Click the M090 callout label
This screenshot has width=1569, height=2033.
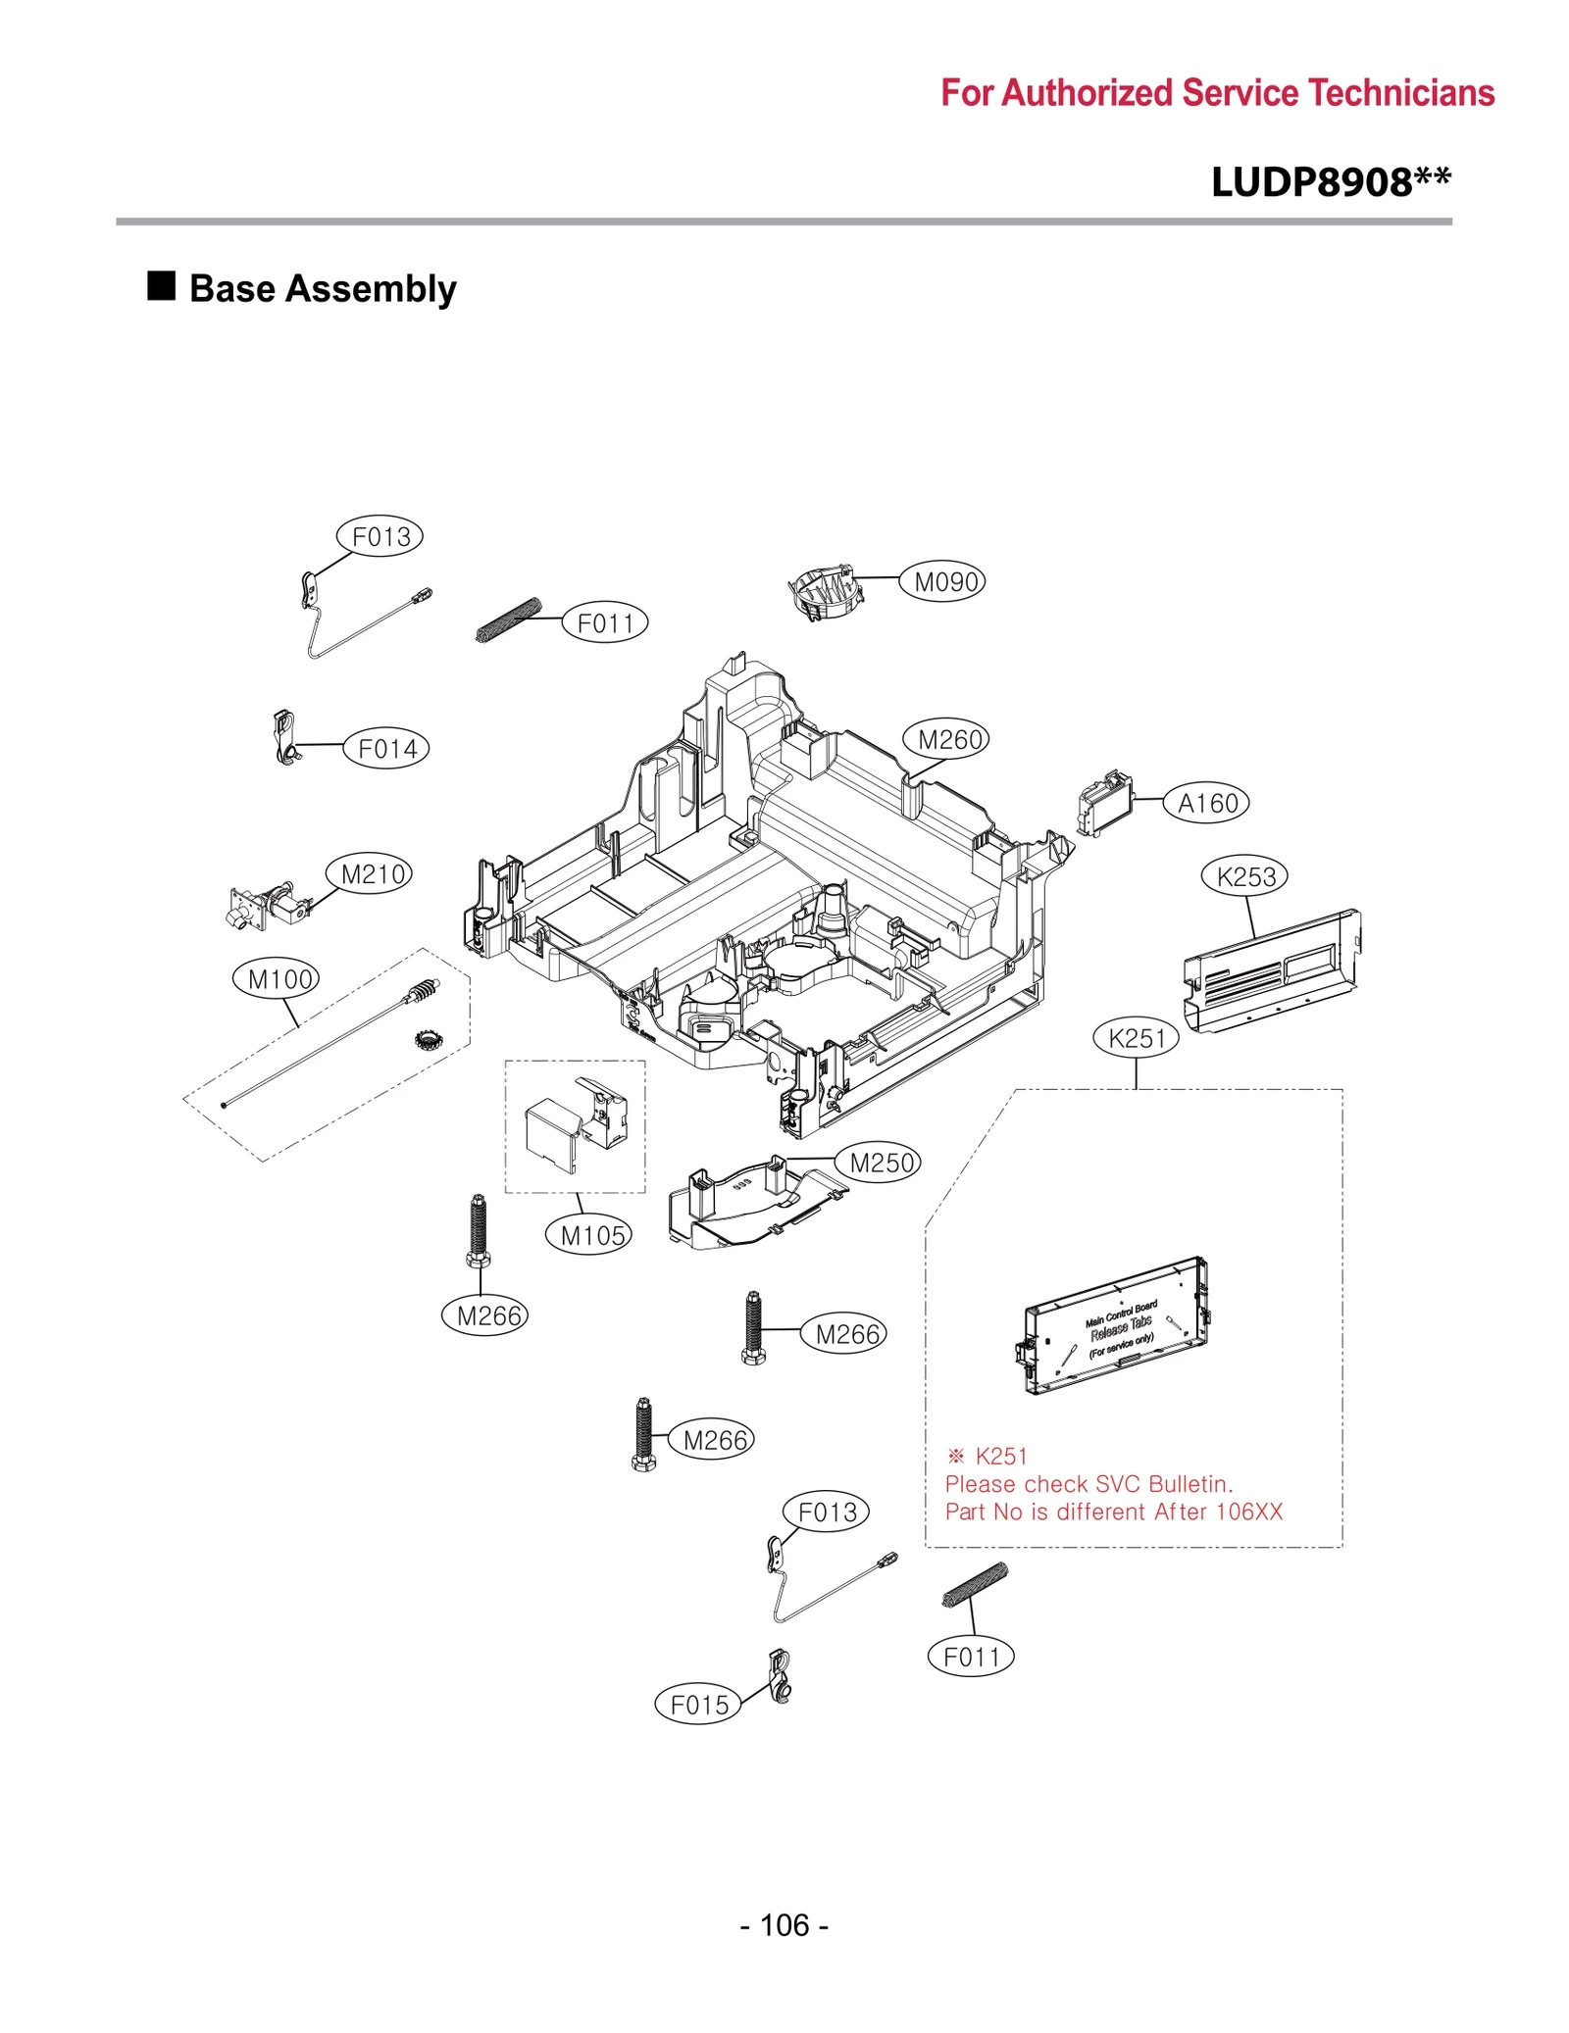(x=943, y=582)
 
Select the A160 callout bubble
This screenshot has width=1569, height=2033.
(x=1205, y=804)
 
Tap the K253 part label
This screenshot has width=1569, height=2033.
(x=1243, y=876)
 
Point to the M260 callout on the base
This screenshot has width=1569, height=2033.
(x=946, y=739)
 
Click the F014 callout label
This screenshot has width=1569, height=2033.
(x=386, y=749)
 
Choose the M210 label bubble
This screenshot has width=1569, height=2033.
(x=370, y=873)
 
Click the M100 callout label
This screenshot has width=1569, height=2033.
(x=277, y=978)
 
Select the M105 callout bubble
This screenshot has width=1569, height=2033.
(x=588, y=1235)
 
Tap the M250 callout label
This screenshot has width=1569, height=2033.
(x=879, y=1163)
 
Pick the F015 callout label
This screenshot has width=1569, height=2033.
(x=697, y=1705)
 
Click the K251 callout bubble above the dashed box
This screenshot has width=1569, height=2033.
(x=1136, y=1038)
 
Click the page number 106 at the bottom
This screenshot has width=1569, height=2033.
(x=784, y=1925)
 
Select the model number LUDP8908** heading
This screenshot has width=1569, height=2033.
(x=1330, y=182)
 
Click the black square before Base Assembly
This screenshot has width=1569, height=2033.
(x=161, y=286)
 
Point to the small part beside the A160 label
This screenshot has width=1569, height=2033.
(x=1104, y=804)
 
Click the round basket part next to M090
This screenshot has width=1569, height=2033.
(x=826, y=591)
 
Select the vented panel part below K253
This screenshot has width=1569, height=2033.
(x=1272, y=970)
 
